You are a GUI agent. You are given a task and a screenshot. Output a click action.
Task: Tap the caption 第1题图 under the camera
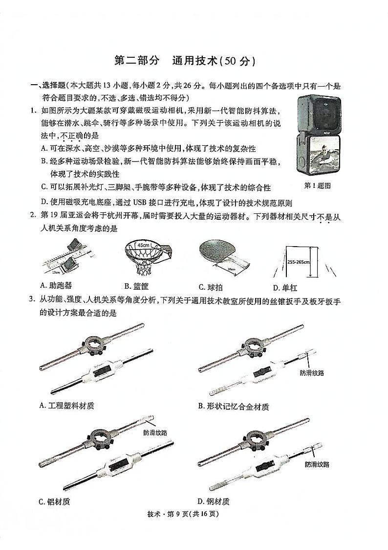tap(318, 186)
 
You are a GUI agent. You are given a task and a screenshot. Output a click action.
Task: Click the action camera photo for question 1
tap(317, 138)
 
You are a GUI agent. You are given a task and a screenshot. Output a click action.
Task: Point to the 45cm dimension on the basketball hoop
tap(143, 245)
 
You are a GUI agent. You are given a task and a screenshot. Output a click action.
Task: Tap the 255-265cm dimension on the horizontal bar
tap(299, 262)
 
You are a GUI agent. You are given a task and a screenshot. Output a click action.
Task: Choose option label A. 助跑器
tap(56, 286)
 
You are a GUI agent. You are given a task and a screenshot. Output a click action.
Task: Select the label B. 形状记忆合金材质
tap(233, 407)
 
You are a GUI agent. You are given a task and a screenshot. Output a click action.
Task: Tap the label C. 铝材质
tap(54, 502)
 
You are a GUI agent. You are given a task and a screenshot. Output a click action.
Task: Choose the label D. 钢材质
tap(214, 502)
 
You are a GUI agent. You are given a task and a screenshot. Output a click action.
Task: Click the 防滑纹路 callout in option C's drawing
tap(155, 433)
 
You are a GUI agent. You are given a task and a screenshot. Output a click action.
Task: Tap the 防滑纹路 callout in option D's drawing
tap(317, 464)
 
